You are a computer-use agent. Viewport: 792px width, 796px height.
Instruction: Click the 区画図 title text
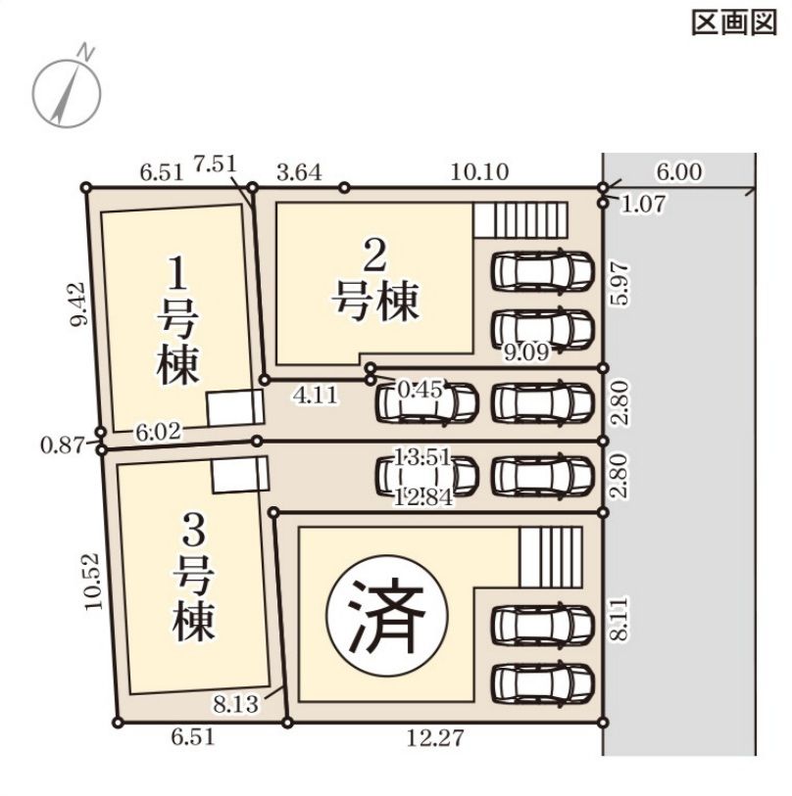[734, 23]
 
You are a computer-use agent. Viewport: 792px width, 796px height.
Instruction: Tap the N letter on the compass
[86, 52]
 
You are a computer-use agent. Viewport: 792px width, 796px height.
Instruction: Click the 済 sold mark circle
[388, 616]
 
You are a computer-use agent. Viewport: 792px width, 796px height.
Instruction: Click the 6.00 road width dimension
[679, 172]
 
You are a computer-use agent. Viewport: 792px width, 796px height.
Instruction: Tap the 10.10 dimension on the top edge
[479, 172]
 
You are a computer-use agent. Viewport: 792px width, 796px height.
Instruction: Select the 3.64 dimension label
[299, 172]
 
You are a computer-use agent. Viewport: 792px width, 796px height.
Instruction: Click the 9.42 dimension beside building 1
[79, 304]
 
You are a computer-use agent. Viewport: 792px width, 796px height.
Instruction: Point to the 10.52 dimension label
[93, 582]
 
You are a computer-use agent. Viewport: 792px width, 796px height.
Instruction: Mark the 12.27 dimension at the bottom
[435, 737]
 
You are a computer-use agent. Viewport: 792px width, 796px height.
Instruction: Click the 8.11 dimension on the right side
[619, 620]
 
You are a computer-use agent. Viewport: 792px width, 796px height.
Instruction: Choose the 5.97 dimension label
[619, 284]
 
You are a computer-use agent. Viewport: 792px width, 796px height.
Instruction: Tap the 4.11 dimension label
[316, 396]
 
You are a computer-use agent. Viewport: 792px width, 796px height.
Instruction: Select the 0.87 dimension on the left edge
[63, 446]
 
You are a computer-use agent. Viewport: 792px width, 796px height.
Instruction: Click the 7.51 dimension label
[215, 164]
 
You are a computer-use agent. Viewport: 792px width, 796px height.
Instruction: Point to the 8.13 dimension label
[236, 704]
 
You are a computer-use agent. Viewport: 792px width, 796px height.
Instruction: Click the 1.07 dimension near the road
[643, 204]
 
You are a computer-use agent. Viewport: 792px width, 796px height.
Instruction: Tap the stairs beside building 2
[521, 220]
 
